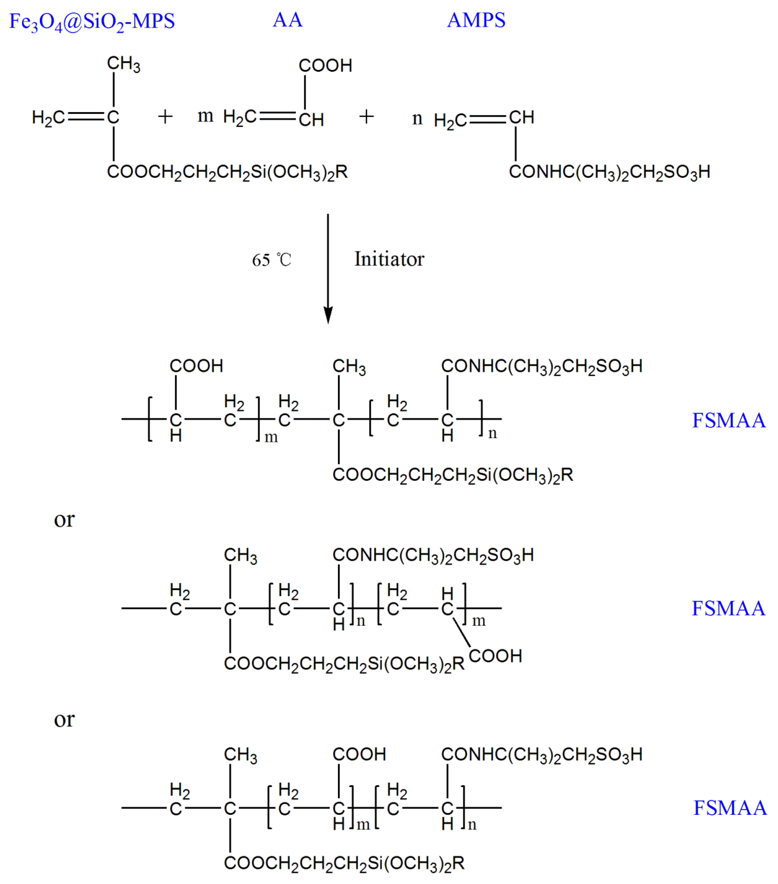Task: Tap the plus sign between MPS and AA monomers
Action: click(165, 117)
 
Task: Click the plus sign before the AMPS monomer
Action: click(366, 117)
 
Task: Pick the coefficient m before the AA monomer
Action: click(205, 116)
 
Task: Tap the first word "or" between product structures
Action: click(64, 519)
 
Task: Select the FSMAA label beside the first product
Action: click(729, 420)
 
